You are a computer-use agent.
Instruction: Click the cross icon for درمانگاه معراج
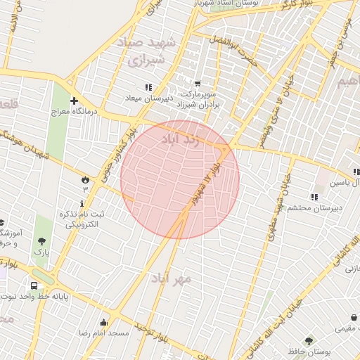tap(73, 101)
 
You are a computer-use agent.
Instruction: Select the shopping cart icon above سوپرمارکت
tap(198, 83)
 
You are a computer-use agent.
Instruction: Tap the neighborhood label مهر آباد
tap(170, 278)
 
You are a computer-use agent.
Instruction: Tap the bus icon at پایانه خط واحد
tap(34, 286)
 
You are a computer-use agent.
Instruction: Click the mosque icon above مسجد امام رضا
tap(104, 323)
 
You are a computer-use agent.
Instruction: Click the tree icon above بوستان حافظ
tap(325, 341)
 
